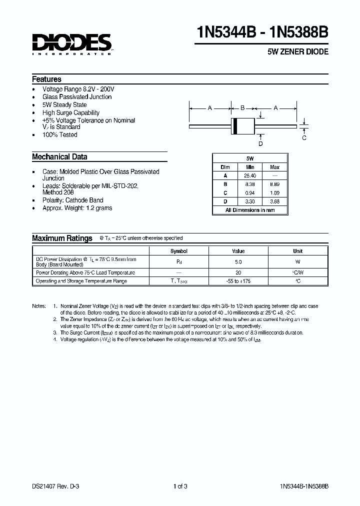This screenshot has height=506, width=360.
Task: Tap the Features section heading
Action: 46,79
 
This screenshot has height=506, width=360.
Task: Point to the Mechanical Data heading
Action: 59,156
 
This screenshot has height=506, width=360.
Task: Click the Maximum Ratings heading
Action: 62,238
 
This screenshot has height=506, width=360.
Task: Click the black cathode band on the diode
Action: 235,127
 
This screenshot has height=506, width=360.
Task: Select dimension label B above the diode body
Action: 243,107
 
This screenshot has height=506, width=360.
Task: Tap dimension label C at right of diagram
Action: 304,137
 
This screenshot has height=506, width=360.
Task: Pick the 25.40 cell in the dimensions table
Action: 250,175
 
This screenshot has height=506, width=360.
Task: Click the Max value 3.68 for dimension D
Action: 274,201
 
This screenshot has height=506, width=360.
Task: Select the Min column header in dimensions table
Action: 250,167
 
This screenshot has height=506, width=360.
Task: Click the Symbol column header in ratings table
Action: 179,251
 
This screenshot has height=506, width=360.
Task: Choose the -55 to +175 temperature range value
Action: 238,281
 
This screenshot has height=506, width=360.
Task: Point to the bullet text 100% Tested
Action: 60,134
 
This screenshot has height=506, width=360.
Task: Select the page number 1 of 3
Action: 180,485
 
